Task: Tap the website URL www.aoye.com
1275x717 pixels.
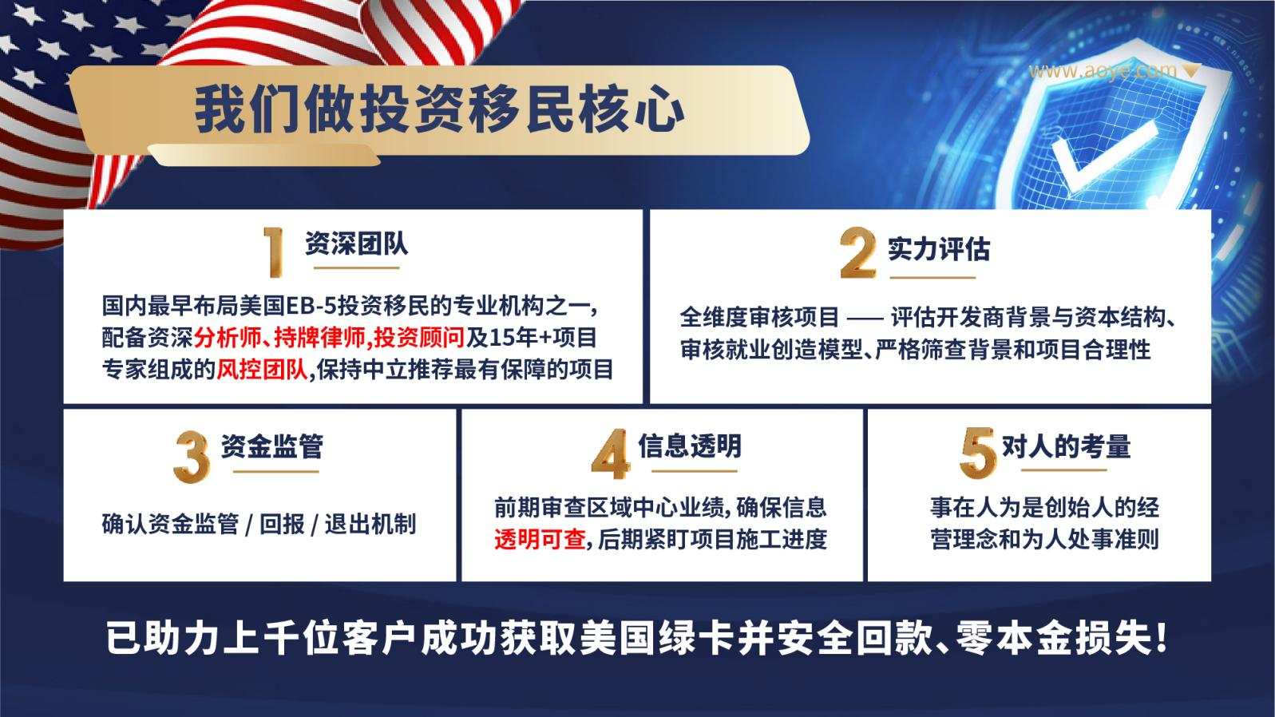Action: coord(1103,70)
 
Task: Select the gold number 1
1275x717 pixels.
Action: coord(275,252)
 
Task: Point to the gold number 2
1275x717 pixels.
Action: coord(857,252)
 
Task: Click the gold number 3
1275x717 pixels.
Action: coord(192,457)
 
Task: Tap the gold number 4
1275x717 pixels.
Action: coord(610,454)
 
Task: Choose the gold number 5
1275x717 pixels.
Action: coord(978,453)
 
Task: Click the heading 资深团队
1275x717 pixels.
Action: coord(356,244)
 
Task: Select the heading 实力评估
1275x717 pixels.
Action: coord(939,248)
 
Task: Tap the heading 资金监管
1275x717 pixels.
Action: coord(272,446)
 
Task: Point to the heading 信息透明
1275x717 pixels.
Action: coord(690,446)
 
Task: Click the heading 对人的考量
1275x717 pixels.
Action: coord(1066,446)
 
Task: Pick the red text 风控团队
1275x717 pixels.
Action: coord(262,370)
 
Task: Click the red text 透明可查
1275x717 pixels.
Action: coord(540,539)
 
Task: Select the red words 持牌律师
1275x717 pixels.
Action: coord(320,338)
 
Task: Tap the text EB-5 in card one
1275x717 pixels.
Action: coord(311,306)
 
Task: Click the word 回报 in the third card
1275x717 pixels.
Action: coord(282,524)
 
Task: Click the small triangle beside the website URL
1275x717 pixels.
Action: coord(1190,70)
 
